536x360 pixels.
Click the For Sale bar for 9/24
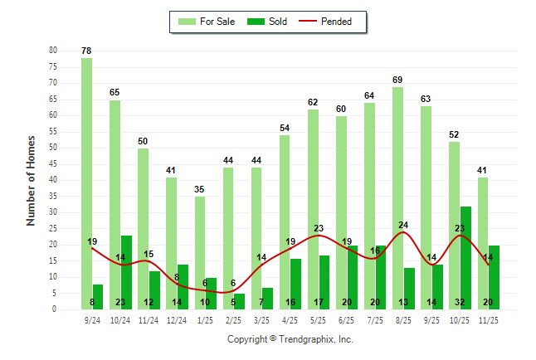click(86, 182)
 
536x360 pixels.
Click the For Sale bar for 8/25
click(397, 197)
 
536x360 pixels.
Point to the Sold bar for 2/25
click(239, 301)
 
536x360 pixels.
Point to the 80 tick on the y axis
click(52, 51)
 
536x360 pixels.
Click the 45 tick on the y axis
click(52, 164)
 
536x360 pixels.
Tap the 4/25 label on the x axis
click(290, 319)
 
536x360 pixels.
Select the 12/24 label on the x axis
click(177, 319)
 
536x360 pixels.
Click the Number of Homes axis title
click(32, 180)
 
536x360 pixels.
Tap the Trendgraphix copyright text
click(290, 339)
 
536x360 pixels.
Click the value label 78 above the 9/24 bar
click(86, 51)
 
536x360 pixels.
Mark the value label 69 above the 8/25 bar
click(397, 80)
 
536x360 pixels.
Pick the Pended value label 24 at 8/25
click(403, 225)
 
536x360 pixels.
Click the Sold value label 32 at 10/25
click(465, 303)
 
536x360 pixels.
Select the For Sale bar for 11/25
click(482, 243)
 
